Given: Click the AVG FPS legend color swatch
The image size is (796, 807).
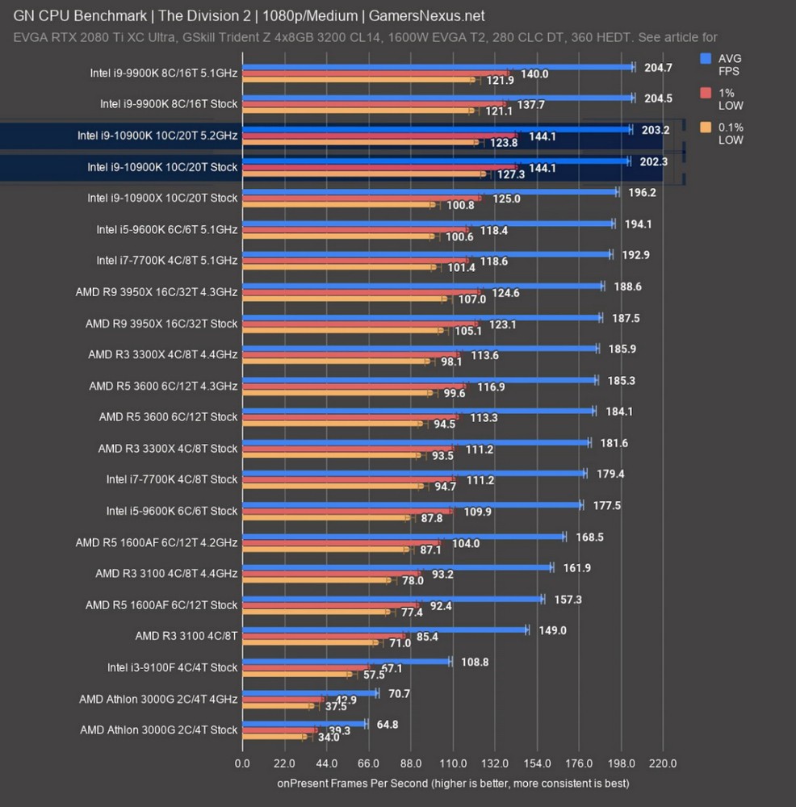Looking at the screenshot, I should pyautogui.click(x=706, y=58).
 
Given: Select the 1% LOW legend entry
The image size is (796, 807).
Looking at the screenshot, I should pyautogui.click(x=730, y=98).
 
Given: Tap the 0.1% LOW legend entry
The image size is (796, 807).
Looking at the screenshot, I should pyautogui.click(x=730, y=133).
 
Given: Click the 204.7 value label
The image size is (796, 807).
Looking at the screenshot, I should pyautogui.click(x=659, y=68).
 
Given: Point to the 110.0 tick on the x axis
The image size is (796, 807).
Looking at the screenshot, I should pyautogui.click(x=452, y=763).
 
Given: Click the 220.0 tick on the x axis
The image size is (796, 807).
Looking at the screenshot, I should pyautogui.click(x=663, y=763).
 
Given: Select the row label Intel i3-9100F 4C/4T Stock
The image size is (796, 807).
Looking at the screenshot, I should pyautogui.click(x=172, y=667).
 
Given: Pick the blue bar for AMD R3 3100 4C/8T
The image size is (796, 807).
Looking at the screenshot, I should pyautogui.click(x=384, y=629).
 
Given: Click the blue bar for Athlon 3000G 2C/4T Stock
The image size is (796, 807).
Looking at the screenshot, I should pyautogui.click(x=304, y=724).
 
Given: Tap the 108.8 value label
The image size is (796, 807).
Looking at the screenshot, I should pyautogui.click(x=475, y=662).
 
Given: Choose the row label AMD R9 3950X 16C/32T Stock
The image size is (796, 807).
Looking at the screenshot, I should pyautogui.click(x=161, y=324).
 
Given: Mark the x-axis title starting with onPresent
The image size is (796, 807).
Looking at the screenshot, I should pyautogui.click(x=453, y=783).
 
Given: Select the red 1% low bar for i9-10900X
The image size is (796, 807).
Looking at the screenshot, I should pyautogui.click(x=362, y=198).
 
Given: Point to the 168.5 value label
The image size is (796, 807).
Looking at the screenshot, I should pyautogui.click(x=589, y=537).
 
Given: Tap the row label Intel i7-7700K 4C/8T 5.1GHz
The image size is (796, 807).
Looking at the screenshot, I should pyautogui.click(x=167, y=261).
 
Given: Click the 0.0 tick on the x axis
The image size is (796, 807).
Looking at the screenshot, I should pyautogui.click(x=242, y=763).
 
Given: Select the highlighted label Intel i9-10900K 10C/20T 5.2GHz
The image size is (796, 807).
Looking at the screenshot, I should pyautogui.click(x=157, y=136).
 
